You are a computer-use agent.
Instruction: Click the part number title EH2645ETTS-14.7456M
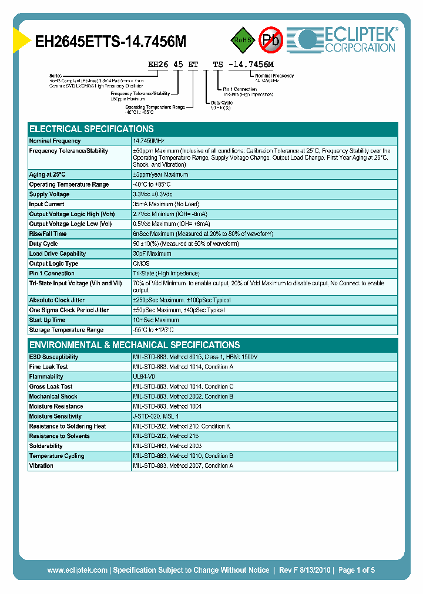point(111,42)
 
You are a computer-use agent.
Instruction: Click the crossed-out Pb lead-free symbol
point(271,40)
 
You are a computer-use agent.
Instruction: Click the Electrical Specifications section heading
point(92,129)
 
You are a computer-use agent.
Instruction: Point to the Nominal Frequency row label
point(55,141)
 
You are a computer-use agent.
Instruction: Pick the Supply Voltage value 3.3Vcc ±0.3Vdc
point(153,194)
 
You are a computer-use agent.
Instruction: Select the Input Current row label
point(48,204)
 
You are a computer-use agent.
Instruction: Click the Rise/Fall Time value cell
point(203,234)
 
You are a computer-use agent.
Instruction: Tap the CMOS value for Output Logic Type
point(141,264)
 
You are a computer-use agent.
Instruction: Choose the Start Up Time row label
point(48,320)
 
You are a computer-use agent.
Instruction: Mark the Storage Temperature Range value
point(153,330)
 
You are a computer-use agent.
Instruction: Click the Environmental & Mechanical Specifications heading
point(135,345)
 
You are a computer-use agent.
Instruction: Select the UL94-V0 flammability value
point(145,376)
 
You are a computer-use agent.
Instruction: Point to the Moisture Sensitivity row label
point(55,416)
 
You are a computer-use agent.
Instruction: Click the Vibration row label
point(41,465)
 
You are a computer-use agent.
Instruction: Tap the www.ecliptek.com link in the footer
point(77,570)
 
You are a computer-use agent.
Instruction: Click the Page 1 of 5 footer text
point(355,570)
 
